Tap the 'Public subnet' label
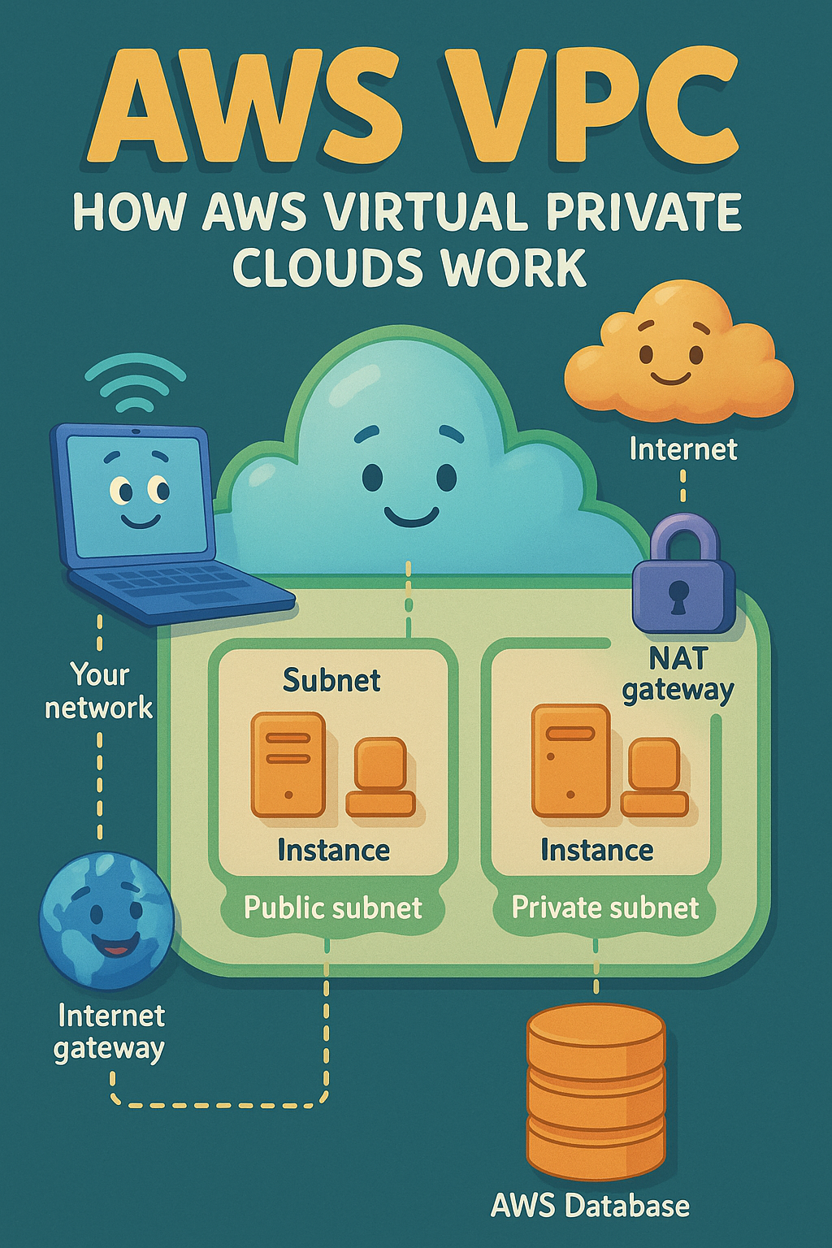333,908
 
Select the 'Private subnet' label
605,908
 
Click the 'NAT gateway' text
678,674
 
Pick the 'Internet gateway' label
110,1032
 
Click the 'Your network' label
99,691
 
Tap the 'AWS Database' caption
591,1206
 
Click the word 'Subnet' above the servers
331,680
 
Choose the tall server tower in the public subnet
288,765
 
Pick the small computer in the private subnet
654,777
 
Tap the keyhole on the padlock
678,597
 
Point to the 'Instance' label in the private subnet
597,851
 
